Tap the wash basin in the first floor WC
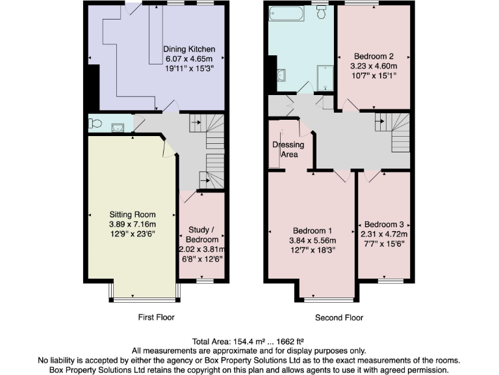point(117,128)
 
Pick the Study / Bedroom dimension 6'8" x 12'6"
point(201,258)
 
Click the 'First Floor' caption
point(156,318)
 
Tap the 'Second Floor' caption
point(339,318)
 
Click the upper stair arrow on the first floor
point(196,121)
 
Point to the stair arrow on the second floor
point(383,120)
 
